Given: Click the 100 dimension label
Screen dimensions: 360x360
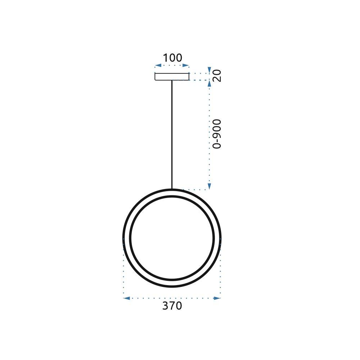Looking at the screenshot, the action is pyautogui.click(x=172, y=58).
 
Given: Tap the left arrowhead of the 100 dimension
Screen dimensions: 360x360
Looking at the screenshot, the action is pyautogui.click(x=158, y=66).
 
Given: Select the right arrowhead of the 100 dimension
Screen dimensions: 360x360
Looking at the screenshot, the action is pyautogui.click(x=186, y=66).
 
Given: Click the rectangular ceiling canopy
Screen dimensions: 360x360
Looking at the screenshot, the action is pyautogui.click(x=172, y=77).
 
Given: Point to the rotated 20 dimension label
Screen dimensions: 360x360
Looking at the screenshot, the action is pyautogui.click(x=217, y=76).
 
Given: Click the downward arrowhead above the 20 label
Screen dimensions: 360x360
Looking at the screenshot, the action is pyautogui.click(x=209, y=70).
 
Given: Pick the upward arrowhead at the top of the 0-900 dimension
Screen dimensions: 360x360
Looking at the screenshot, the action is pyautogui.click(x=209, y=84).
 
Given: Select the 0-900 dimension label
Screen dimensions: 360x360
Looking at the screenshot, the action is pyautogui.click(x=217, y=134).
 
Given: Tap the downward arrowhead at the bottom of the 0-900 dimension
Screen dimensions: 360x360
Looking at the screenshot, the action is pyautogui.click(x=209, y=186).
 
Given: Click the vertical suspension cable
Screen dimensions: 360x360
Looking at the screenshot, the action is pyautogui.click(x=172, y=135).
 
